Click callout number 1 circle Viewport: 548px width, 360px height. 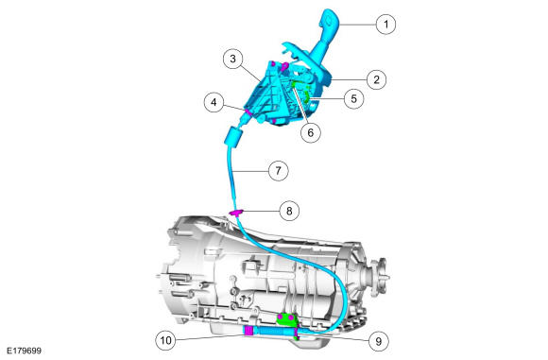click(x=385, y=25)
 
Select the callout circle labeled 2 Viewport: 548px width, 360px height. click(x=376, y=79)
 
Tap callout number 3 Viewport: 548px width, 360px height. click(x=233, y=59)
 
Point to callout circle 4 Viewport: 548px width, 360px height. click(x=214, y=102)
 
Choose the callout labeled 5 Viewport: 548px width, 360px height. click(x=353, y=99)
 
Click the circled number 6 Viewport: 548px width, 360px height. click(x=311, y=132)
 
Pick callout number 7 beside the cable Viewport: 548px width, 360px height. click(x=278, y=171)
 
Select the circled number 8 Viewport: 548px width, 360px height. click(x=289, y=211)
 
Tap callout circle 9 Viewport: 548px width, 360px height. click(x=379, y=341)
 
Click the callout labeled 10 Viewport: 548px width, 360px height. click(x=165, y=340)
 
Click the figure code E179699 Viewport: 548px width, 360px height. click(x=25, y=351)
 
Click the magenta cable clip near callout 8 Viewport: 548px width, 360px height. click(x=236, y=213)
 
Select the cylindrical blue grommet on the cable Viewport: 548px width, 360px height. click(x=233, y=136)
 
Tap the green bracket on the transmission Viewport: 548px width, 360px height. click(x=288, y=320)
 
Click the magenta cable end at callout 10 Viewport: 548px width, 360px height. click(x=248, y=331)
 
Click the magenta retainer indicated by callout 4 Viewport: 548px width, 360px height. click(x=248, y=111)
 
